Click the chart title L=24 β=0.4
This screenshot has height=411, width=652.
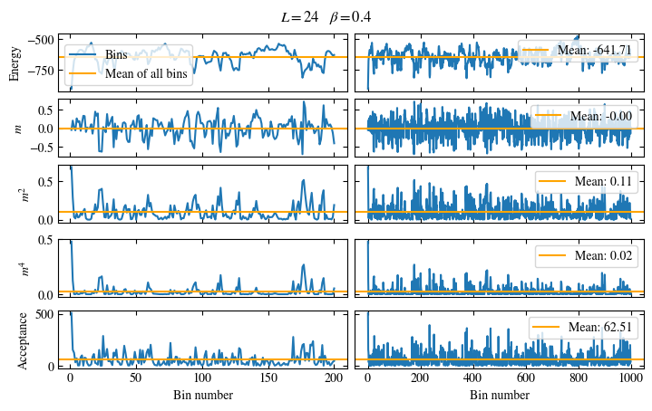click(x=326, y=17)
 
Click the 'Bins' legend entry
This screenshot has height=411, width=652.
click(x=116, y=55)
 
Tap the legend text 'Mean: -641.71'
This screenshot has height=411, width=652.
click(x=595, y=50)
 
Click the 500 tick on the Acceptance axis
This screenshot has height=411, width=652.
click(x=45, y=314)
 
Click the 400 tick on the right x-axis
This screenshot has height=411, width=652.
click(x=472, y=378)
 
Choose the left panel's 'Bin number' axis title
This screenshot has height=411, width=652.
click(x=201, y=395)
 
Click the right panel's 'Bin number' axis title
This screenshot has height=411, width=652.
click(x=499, y=395)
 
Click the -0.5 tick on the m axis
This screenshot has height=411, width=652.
click(x=41, y=146)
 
